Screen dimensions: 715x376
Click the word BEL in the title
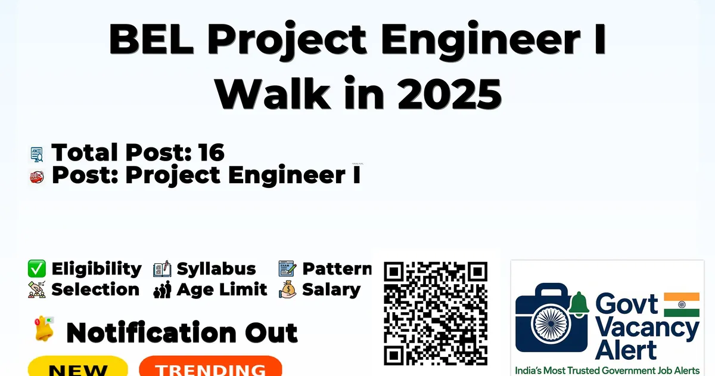coord(151,39)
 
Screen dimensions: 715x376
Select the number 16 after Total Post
coord(212,152)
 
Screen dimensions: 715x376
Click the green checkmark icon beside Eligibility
coord(37,269)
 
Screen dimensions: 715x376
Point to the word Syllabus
coord(216,269)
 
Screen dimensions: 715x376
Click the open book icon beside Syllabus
coord(162,269)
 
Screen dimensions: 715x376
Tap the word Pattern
coord(337,269)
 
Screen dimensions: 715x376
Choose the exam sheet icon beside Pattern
coord(287,269)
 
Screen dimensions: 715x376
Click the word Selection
coord(95,289)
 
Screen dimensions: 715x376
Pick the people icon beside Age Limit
coord(162,290)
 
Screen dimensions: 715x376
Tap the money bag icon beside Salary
coord(288,289)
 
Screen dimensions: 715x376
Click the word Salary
coord(331,290)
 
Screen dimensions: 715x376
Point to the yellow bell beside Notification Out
coord(44,329)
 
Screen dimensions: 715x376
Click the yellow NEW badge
coord(78,366)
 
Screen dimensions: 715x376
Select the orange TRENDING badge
coord(211,366)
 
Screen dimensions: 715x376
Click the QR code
coord(436,313)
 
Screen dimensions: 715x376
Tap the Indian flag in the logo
coord(682,304)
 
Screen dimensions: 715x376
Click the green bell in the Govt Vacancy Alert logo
coord(579,304)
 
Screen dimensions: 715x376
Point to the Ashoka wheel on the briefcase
coord(551,324)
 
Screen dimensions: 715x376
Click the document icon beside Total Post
coord(37,155)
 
